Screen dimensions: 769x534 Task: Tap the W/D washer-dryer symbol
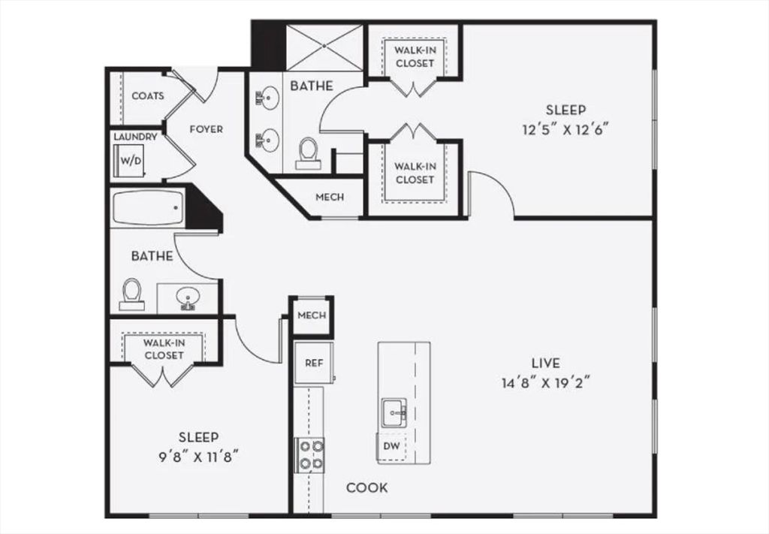click(131, 161)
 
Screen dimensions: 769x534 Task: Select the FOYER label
click(206, 129)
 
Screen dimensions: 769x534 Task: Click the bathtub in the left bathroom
click(148, 207)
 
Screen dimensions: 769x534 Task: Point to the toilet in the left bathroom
click(132, 294)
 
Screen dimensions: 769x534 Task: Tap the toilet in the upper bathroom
click(307, 152)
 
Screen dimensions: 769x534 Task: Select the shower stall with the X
click(324, 47)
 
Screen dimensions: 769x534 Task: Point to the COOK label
click(367, 488)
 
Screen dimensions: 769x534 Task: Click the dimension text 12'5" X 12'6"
click(565, 129)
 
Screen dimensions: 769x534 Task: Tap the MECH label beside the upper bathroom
click(330, 198)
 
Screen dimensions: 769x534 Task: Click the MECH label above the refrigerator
click(312, 315)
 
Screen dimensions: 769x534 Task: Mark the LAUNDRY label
click(135, 137)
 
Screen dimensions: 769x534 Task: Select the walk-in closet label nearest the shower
click(415, 57)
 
